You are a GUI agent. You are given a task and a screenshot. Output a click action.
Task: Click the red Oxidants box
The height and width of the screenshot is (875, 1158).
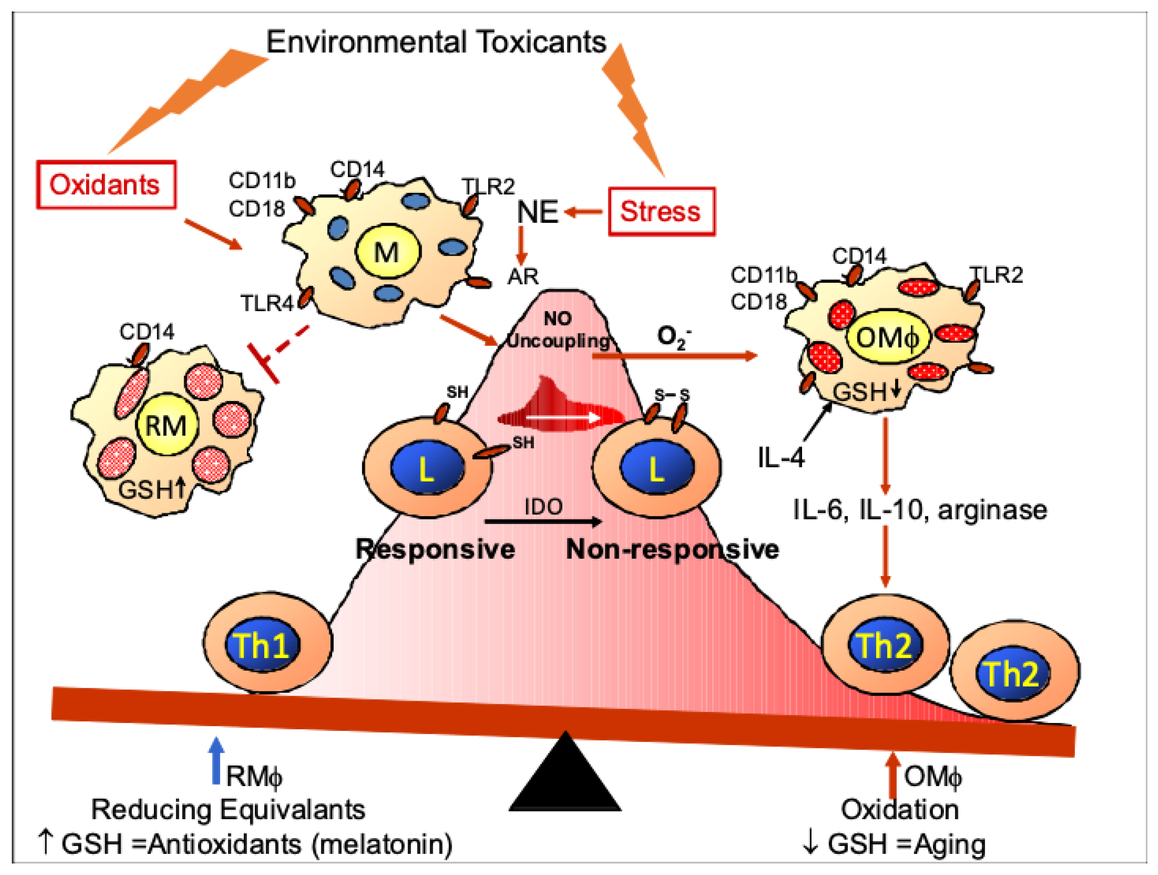[x=106, y=184]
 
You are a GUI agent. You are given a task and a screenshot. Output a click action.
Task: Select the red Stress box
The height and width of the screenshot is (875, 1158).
[x=661, y=211]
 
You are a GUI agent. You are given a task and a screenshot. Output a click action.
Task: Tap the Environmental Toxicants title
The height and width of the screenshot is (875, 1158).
[x=436, y=42]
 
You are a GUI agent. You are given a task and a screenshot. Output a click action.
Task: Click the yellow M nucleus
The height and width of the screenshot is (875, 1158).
[x=388, y=252]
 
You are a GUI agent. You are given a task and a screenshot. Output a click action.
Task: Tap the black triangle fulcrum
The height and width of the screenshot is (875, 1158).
[x=565, y=771]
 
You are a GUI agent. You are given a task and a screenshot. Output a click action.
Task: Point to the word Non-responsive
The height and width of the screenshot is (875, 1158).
[x=672, y=549]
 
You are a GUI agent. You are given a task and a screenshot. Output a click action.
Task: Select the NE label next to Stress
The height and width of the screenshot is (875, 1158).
[x=538, y=212]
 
